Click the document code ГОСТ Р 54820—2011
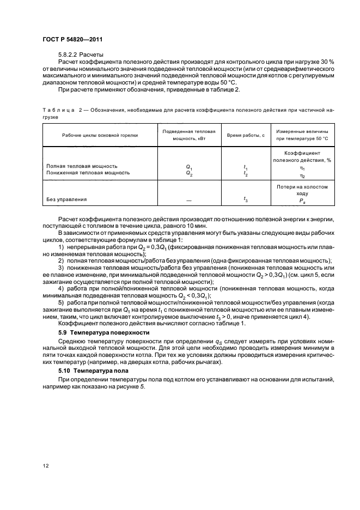coord(72,39)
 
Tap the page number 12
coord(45,464)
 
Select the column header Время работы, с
coord(246,135)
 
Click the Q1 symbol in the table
coord(189,166)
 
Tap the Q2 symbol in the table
coord(189,173)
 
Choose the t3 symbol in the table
coord(246,199)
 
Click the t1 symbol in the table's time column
coord(246,166)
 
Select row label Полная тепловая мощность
coord(82,166)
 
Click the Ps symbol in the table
coord(302,201)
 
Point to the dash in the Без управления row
coord(189,200)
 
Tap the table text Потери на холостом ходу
coord(302,190)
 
